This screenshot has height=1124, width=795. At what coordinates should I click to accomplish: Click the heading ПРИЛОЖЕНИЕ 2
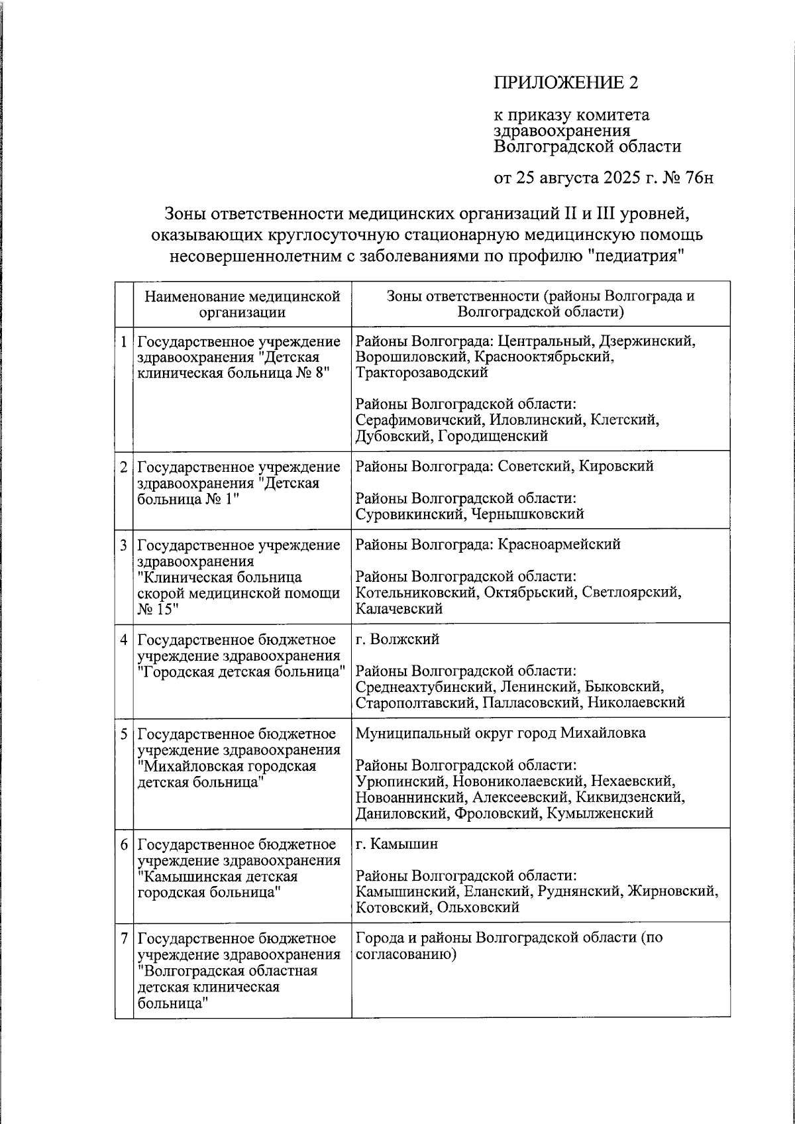click(567, 83)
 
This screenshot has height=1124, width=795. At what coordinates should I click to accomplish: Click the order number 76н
click(698, 178)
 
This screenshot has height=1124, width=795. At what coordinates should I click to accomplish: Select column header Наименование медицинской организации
click(242, 304)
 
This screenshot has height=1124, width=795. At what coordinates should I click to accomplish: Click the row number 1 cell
click(124, 342)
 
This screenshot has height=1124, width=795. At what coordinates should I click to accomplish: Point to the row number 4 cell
click(124, 640)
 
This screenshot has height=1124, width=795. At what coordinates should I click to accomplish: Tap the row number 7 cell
click(124, 938)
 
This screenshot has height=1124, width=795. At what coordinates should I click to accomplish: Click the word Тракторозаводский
click(421, 372)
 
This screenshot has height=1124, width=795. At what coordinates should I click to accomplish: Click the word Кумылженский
click(600, 813)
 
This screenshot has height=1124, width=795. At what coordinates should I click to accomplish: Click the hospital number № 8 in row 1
click(306, 372)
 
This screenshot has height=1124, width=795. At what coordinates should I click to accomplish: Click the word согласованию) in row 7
click(406, 954)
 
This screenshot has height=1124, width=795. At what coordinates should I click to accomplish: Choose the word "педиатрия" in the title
click(635, 256)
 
